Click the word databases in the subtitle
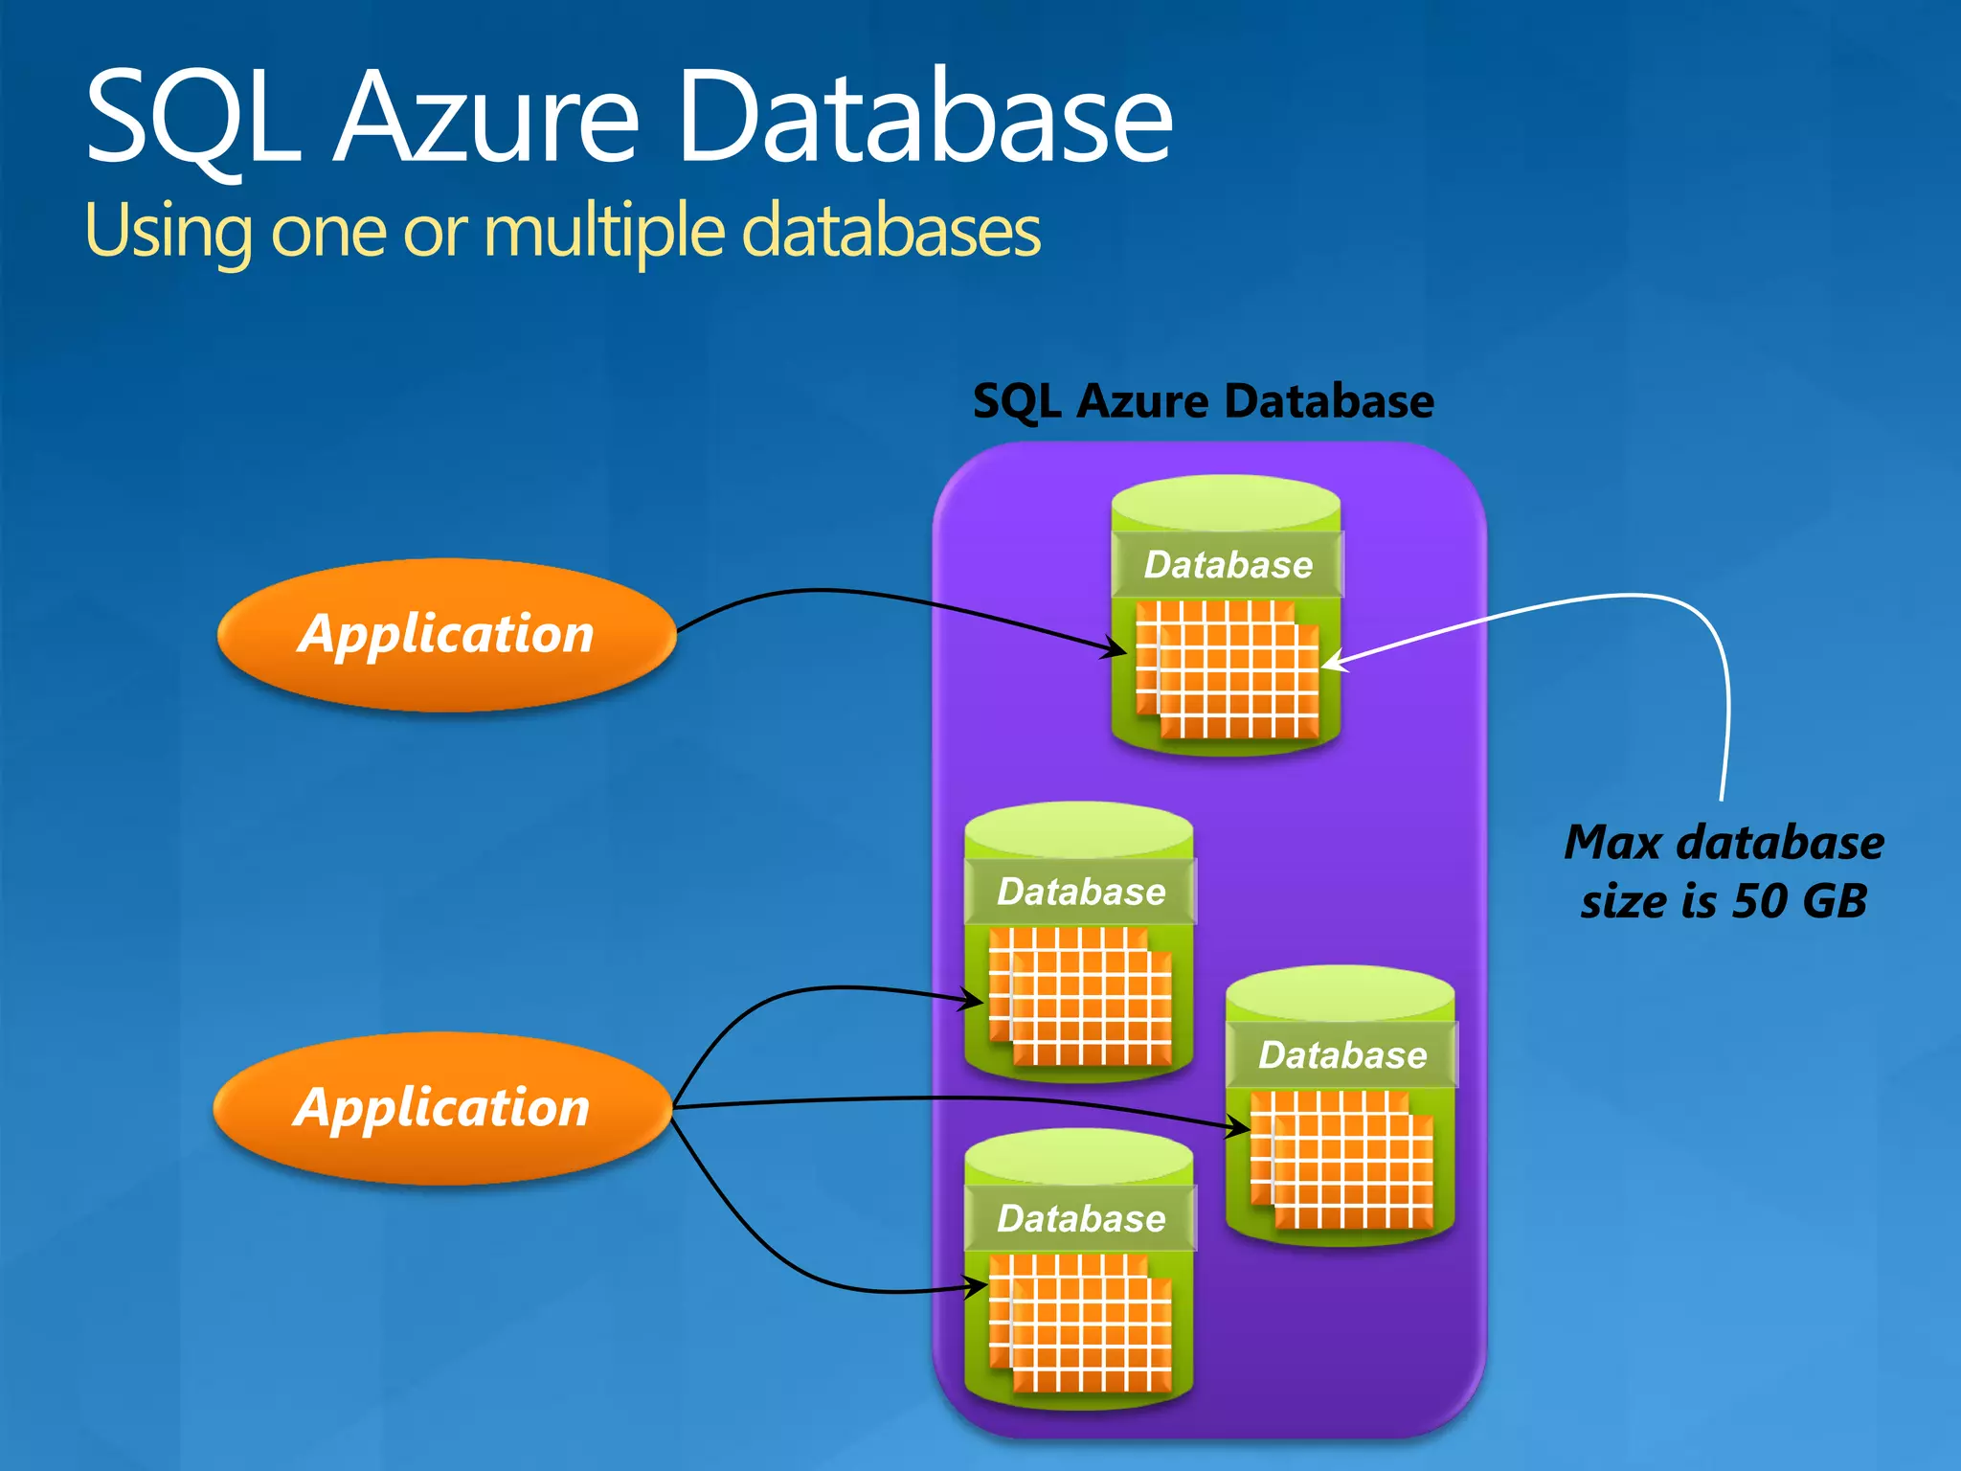890,232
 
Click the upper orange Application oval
446,634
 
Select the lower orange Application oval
441,1108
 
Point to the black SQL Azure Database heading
1203,400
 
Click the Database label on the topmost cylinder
1228,565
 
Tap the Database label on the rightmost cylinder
1342,1054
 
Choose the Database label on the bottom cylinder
1081,1218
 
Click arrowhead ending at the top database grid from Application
1116,650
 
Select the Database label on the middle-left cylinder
1081,892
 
